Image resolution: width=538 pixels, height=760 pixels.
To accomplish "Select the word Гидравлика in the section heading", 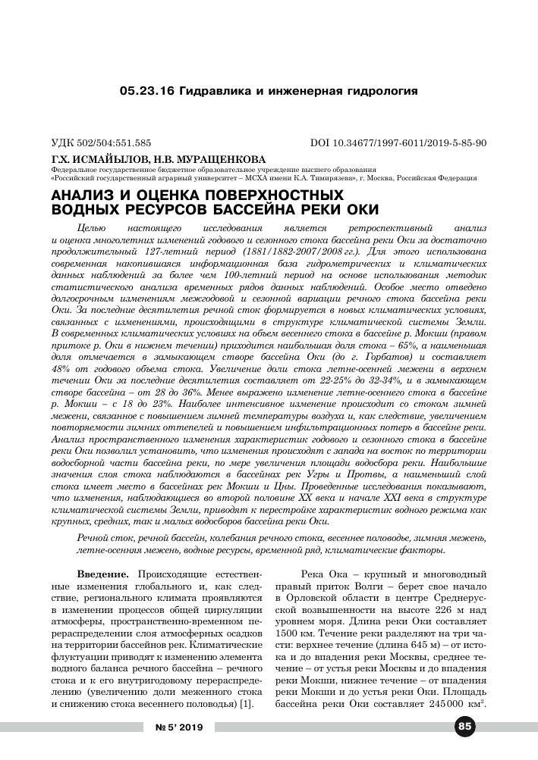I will (x=216, y=92).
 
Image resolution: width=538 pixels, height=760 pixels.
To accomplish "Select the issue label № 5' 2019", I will (x=180, y=728).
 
